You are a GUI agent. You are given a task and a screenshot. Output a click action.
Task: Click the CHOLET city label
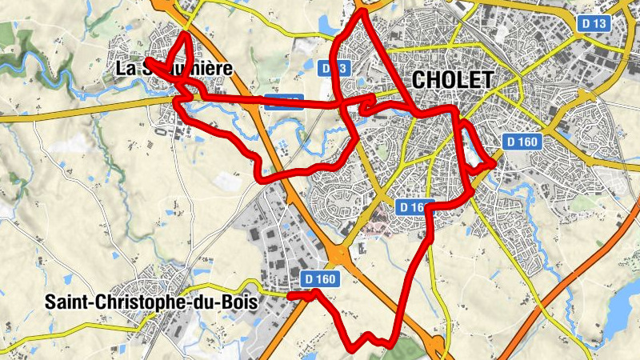pyautogui.click(x=451, y=79)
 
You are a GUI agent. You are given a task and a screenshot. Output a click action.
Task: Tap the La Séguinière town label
pyautogui.click(x=174, y=68)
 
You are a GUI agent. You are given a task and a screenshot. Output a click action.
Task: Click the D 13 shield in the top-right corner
pyautogui.click(x=594, y=24)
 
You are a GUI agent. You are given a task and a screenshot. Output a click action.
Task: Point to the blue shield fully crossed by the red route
pyautogui.click(x=284, y=101)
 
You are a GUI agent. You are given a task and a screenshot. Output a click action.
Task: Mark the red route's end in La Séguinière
pyautogui.click(x=148, y=61)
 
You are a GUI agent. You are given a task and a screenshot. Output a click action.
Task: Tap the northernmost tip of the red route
pyautogui.click(x=362, y=12)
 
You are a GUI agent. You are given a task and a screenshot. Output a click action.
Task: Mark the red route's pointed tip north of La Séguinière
pyautogui.click(x=186, y=33)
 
